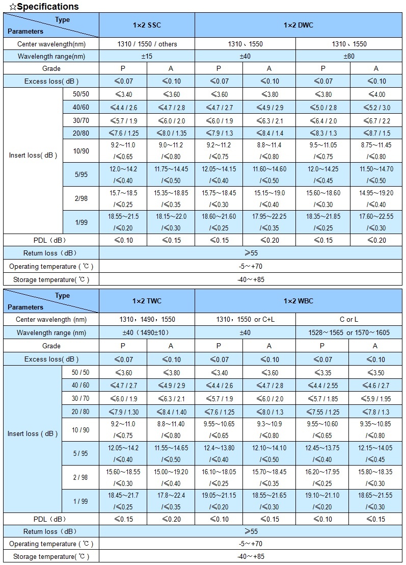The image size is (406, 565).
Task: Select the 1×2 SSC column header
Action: (x=147, y=25)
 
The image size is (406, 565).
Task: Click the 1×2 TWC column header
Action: (x=147, y=301)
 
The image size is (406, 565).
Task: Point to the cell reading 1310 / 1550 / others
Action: (x=147, y=44)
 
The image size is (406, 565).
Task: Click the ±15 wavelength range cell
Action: (x=147, y=56)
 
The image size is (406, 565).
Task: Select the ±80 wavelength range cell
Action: (x=349, y=56)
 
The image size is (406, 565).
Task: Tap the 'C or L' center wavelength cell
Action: (x=349, y=320)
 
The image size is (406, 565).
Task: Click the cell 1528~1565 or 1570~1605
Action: (x=349, y=332)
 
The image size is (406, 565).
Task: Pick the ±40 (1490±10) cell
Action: (x=147, y=332)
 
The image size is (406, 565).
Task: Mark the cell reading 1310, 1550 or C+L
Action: (x=245, y=320)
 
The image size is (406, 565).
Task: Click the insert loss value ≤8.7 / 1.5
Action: (x=376, y=133)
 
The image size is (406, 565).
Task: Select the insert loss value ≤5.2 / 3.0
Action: (x=376, y=107)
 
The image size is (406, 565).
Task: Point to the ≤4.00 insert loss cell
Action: (x=376, y=94)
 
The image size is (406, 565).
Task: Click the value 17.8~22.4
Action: (x=171, y=495)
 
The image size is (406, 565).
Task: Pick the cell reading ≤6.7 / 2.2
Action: (x=376, y=120)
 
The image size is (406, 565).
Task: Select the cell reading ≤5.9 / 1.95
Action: (x=376, y=399)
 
